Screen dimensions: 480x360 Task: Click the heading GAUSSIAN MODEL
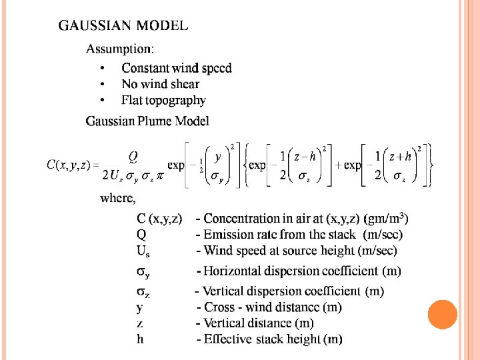coord(123,27)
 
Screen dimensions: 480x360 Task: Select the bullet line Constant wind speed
coord(177,68)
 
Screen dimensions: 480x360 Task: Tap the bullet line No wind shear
coord(160,84)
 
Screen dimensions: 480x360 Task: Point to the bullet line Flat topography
coord(163,101)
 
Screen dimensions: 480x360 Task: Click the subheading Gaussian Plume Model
coord(147,121)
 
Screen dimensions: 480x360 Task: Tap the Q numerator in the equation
coord(133,155)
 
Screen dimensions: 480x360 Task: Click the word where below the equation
coord(117,198)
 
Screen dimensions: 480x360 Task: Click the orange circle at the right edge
coord(442,315)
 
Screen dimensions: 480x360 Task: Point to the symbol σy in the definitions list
coord(143,272)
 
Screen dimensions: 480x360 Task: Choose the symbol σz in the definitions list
coord(143,292)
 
